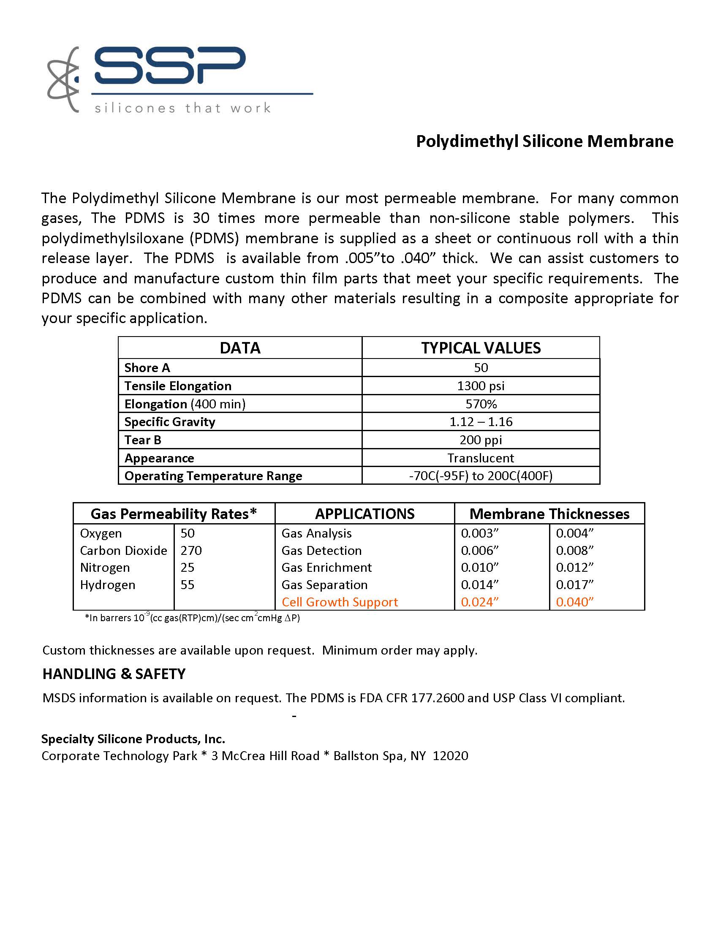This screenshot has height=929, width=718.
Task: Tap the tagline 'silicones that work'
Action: pyautogui.click(x=182, y=108)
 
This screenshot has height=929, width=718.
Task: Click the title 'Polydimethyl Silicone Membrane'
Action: pyautogui.click(x=544, y=141)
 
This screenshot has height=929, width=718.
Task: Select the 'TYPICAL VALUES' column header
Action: pyautogui.click(x=481, y=348)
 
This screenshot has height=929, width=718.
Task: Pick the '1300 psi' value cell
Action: pyautogui.click(x=481, y=386)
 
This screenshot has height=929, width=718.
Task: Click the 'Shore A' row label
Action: pyautogui.click(x=147, y=367)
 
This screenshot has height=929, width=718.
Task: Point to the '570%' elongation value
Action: pyautogui.click(x=481, y=404)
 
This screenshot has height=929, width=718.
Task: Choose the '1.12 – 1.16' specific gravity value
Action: pyautogui.click(x=481, y=422)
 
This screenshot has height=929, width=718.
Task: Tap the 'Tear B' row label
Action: pyautogui.click(x=143, y=440)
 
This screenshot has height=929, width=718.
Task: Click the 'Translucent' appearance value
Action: pyautogui.click(x=481, y=458)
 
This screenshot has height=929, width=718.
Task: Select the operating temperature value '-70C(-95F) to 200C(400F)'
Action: pyautogui.click(x=481, y=475)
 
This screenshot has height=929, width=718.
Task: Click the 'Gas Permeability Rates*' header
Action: pyautogui.click(x=174, y=514)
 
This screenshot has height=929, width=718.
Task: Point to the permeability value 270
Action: pyautogui.click(x=191, y=550)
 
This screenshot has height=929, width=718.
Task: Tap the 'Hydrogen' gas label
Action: pyautogui.click(x=108, y=585)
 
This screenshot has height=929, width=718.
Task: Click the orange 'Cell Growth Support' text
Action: pyautogui.click(x=340, y=602)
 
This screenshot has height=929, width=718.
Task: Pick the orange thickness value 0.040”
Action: pyautogui.click(x=575, y=602)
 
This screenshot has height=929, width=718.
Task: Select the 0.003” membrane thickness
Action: pyautogui.click(x=479, y=533)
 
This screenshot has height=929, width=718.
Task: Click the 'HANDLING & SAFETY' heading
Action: pyautogui.click(x=114, y=674)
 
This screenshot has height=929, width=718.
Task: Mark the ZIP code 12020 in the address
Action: pyautogui.click(x=451, y=756)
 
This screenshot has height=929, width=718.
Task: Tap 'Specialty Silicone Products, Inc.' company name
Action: pyautogui.click(x=133, y=739)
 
